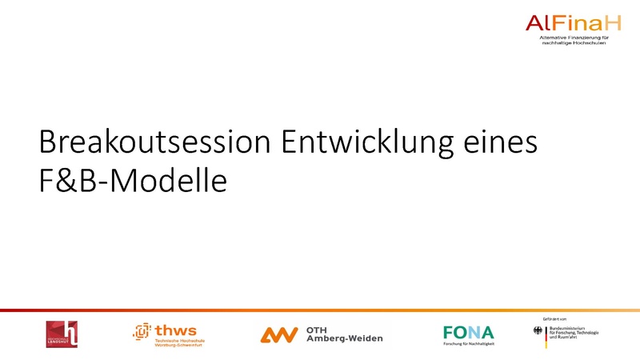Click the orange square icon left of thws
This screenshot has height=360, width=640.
pyautogui.click(x=142, y=330)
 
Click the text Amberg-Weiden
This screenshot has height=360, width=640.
pyautogui.click(x=345, y=339)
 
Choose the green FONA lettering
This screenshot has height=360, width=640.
pyautogui.click(x=469, y=331)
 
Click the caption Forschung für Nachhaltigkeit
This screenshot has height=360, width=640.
pyautogui.click(x=469, y=343)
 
